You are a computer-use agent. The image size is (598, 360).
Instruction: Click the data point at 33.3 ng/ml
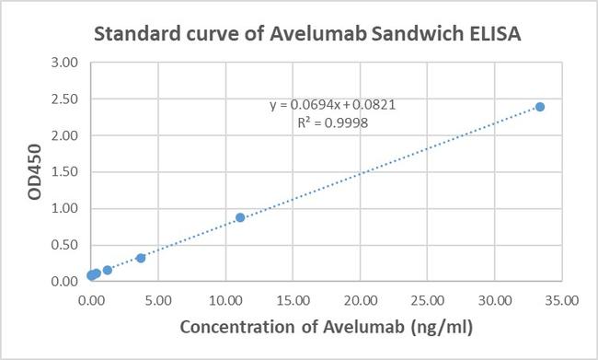tap(540, 107)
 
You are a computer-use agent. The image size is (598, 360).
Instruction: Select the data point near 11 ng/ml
tap(240, 217)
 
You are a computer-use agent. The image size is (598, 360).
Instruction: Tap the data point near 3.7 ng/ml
tap(141, 258)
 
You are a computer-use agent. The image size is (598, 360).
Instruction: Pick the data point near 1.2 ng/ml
tap(108, 270)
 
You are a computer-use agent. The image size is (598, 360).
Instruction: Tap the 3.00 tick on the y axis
tap(65, 63)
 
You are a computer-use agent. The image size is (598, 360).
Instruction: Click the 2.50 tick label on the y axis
tap(65, 99)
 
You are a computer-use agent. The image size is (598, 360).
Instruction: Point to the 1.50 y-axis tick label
tap(65, 172)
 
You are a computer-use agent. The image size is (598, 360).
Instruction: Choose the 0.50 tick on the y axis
tap(65, 245)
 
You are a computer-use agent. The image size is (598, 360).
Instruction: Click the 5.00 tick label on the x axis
tap(157, 300)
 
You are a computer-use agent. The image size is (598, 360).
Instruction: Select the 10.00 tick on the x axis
tap(224, 300)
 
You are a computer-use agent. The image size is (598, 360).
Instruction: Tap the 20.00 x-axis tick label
tap(360, 300)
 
